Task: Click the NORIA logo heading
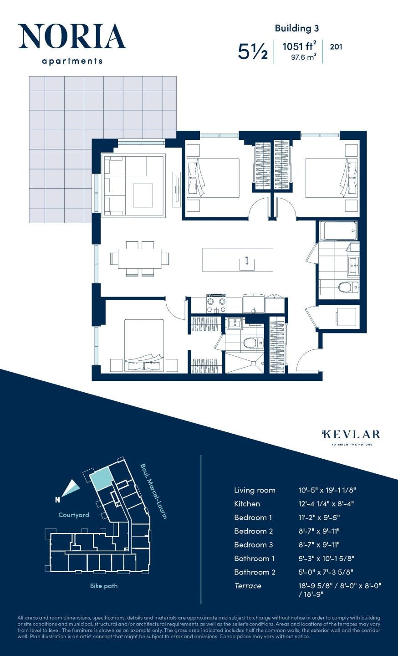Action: coord(72,37)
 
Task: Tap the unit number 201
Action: coord(336,46)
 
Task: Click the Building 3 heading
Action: coord(296,28)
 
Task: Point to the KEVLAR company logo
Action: coord(351,435)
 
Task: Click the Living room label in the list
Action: coord(255,490)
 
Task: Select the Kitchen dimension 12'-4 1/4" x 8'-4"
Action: coord(326,504)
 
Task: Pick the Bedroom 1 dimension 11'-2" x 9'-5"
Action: coord(319,518)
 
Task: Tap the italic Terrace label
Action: coord(248,586)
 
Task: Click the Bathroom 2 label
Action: coord(255,572)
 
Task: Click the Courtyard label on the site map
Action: coord(74,515)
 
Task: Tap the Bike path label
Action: coord(104,586)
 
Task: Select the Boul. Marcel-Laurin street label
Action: coord(153,491)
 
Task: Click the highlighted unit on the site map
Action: coord(101,480)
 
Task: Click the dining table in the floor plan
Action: coord(139,259)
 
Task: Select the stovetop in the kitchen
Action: coord(216,304)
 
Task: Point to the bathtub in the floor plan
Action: coord(338,231)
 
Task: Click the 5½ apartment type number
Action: coord(253,51)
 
